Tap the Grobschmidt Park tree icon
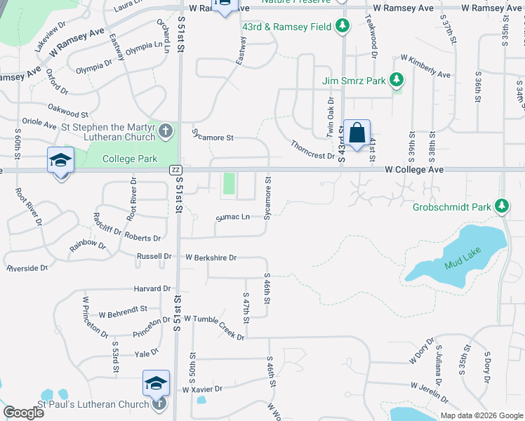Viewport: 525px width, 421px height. [x=501, y=206]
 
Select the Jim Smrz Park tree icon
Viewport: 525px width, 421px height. [x=397, y=80]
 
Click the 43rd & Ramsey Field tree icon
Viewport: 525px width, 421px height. [x=343, y=27]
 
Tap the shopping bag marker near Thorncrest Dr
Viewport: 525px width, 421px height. [x=357, y=133]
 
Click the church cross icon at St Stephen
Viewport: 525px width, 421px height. [x=165, y=131]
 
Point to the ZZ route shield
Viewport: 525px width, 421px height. [x=176, y=170]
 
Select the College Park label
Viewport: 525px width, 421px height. [x=130, y=159]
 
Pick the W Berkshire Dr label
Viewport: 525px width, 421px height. [x=211, y=258]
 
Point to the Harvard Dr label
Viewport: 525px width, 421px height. [x=152, y=288]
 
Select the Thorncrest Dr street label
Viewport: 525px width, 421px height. [x=313, y=149]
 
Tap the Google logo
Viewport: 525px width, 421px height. [x=24, y=413]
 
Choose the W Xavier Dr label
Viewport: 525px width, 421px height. [x=202, y=389]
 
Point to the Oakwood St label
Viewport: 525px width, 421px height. [x=68, y=110]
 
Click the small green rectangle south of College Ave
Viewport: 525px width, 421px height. [x=229, y=185]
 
